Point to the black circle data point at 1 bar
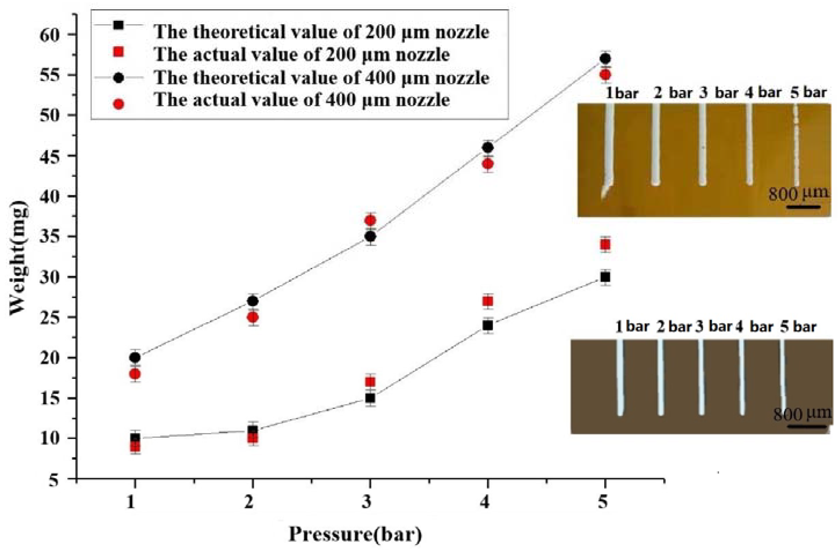[135, 358]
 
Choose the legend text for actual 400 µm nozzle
[302, 100]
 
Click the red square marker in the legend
[119, 52]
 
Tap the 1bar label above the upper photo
[622, 93]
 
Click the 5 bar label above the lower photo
[798, 327]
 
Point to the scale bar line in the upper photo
[803, 207]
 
